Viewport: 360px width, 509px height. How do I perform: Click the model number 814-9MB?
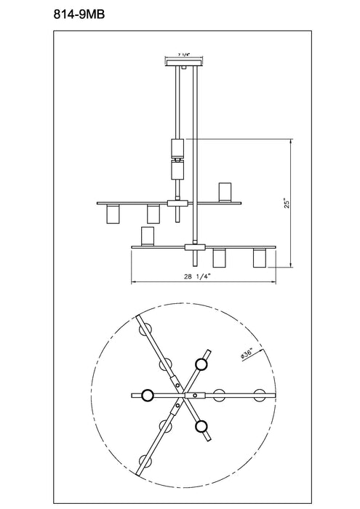79,15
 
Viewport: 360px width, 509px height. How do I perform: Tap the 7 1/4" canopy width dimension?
184,55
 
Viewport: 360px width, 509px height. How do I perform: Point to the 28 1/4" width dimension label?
198,276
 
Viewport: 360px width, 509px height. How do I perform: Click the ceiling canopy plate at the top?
185,63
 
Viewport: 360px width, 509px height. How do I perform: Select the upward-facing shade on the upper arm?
224,192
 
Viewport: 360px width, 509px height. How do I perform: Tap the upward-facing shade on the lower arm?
147,236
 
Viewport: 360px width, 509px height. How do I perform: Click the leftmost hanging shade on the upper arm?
113,215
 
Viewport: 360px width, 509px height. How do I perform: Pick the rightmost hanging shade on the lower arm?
260,258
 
